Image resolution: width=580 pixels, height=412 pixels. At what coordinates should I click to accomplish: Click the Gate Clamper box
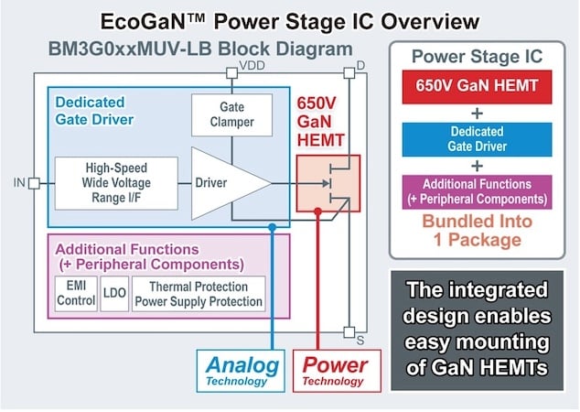(232, 114)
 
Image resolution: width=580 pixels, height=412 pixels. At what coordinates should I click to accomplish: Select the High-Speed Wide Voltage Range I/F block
(116, 183)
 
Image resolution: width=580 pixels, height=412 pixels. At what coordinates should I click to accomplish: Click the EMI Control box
(76, 293)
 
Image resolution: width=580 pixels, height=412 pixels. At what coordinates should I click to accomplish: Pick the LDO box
(114, 293)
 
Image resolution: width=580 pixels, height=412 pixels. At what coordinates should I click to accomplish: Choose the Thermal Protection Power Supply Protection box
(199, 293)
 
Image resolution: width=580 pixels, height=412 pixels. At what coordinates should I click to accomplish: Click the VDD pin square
(232, 73)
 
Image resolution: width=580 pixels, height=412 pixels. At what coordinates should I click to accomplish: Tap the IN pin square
(34, 183)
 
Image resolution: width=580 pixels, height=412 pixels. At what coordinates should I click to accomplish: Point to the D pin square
(349, 73)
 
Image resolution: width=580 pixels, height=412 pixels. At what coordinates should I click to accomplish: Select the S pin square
(349, 332)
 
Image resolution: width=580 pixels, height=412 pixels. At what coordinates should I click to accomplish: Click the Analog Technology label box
(241, 371)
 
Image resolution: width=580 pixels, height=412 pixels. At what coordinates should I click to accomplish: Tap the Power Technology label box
(337, 371)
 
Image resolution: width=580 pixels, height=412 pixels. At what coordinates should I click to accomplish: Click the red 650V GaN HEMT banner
(478, 87)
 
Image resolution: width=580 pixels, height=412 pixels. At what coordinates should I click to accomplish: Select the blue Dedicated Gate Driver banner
(478, 139)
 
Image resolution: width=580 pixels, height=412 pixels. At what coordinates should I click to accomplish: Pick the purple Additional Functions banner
(478, 192)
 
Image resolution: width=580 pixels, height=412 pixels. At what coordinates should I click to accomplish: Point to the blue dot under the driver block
(273, 227)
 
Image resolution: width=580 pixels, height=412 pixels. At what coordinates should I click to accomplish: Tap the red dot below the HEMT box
(317, 211)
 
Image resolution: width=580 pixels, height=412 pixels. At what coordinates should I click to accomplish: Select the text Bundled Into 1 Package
(478, 230)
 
